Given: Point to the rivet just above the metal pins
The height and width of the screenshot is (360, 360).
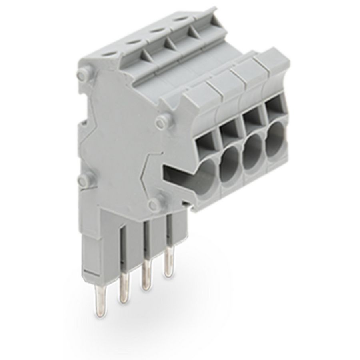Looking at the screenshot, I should coord(152,205).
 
